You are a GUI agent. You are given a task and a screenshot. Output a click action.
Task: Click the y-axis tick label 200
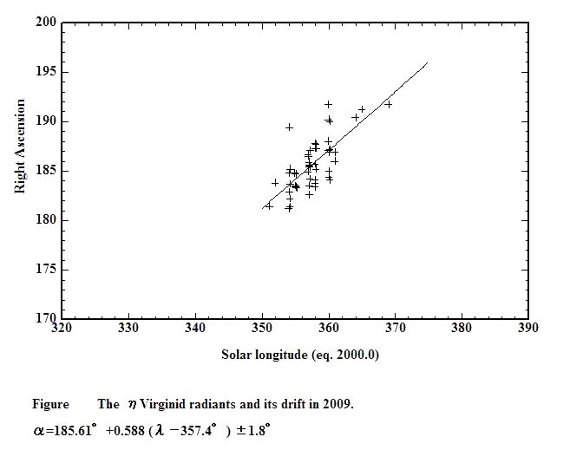point(46,22)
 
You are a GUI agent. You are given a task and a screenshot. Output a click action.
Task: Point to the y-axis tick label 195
point(46,71)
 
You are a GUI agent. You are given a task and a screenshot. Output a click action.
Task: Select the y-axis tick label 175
point(46,270)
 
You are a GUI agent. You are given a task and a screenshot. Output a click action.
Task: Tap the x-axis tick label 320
point(62,329)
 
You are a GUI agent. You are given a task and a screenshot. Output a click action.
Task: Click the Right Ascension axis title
point(20,146)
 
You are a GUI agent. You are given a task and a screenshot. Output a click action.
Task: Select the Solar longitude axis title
point(300,354)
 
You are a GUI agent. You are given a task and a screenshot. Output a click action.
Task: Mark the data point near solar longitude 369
point(389,104)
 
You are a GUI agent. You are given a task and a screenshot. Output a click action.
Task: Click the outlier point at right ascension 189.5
point(289,127)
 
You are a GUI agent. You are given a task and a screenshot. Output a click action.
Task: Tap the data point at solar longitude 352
point(275,183)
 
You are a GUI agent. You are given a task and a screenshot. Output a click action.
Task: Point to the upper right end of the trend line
point(428,62)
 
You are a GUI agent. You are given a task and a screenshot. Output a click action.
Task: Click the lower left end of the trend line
point(262,208)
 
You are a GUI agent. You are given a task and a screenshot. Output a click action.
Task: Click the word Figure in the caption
point(50,404)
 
